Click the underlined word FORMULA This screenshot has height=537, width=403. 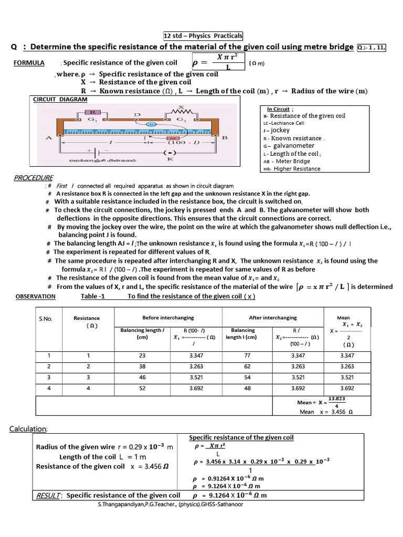28,63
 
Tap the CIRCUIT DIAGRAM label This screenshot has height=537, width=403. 60,99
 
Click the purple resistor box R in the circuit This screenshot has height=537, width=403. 92,112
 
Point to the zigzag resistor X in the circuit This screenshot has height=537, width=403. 182,111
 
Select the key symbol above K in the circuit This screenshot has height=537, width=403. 170,153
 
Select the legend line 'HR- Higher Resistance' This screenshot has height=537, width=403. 291,169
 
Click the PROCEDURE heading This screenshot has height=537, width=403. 34,178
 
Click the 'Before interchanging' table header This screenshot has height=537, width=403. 168,318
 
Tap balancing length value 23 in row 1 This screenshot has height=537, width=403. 142,355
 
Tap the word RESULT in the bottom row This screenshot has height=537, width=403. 48,495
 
